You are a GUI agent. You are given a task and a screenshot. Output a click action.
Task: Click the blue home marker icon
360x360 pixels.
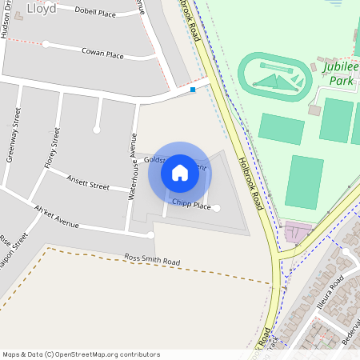tap(180, 172)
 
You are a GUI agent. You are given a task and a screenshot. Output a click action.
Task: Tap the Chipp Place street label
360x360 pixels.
tap(191, 206)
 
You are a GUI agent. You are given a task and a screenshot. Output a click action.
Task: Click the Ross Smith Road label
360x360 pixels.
tap(152, 260)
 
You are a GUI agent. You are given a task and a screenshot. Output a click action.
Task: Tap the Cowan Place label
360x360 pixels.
tap(102, 53)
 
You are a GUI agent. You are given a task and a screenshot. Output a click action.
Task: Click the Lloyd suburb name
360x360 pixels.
tap(42, 10)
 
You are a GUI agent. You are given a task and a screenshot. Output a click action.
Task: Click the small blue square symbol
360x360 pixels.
tap(193, 90)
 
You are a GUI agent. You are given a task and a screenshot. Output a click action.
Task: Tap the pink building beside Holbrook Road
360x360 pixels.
tap(295, 233)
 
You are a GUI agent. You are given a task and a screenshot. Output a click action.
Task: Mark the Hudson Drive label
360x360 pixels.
tap(6, 20)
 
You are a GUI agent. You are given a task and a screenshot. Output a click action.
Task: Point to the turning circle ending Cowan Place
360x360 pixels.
tap(46, 44)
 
